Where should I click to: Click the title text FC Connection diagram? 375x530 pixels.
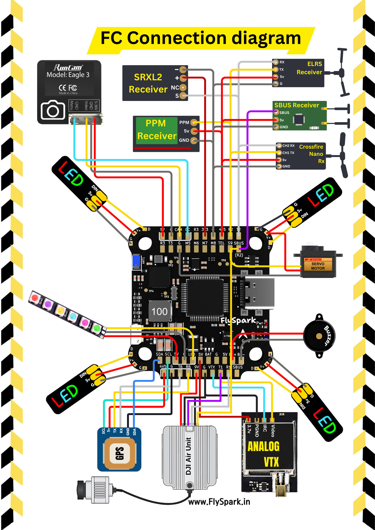201,38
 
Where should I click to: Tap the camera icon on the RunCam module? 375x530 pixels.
53,110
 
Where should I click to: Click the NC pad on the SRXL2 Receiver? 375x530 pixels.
183,87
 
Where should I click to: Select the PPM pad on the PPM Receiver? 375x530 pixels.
194,122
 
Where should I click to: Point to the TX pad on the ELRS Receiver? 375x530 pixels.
276,69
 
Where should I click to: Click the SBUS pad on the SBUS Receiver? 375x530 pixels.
276,112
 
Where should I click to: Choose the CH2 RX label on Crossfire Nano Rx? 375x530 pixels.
288,145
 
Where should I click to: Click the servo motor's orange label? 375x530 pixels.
318,266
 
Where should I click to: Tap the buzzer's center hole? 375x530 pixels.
319,336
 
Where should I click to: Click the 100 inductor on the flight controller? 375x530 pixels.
159,311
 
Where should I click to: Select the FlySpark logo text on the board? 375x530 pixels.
238,321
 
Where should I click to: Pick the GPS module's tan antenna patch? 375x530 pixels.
120,453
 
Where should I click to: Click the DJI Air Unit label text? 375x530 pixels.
188,456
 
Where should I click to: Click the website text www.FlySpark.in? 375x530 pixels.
219,502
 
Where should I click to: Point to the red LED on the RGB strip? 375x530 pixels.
35,298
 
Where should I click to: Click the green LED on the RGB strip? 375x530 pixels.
97,328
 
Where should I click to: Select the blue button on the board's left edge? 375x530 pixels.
136,260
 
